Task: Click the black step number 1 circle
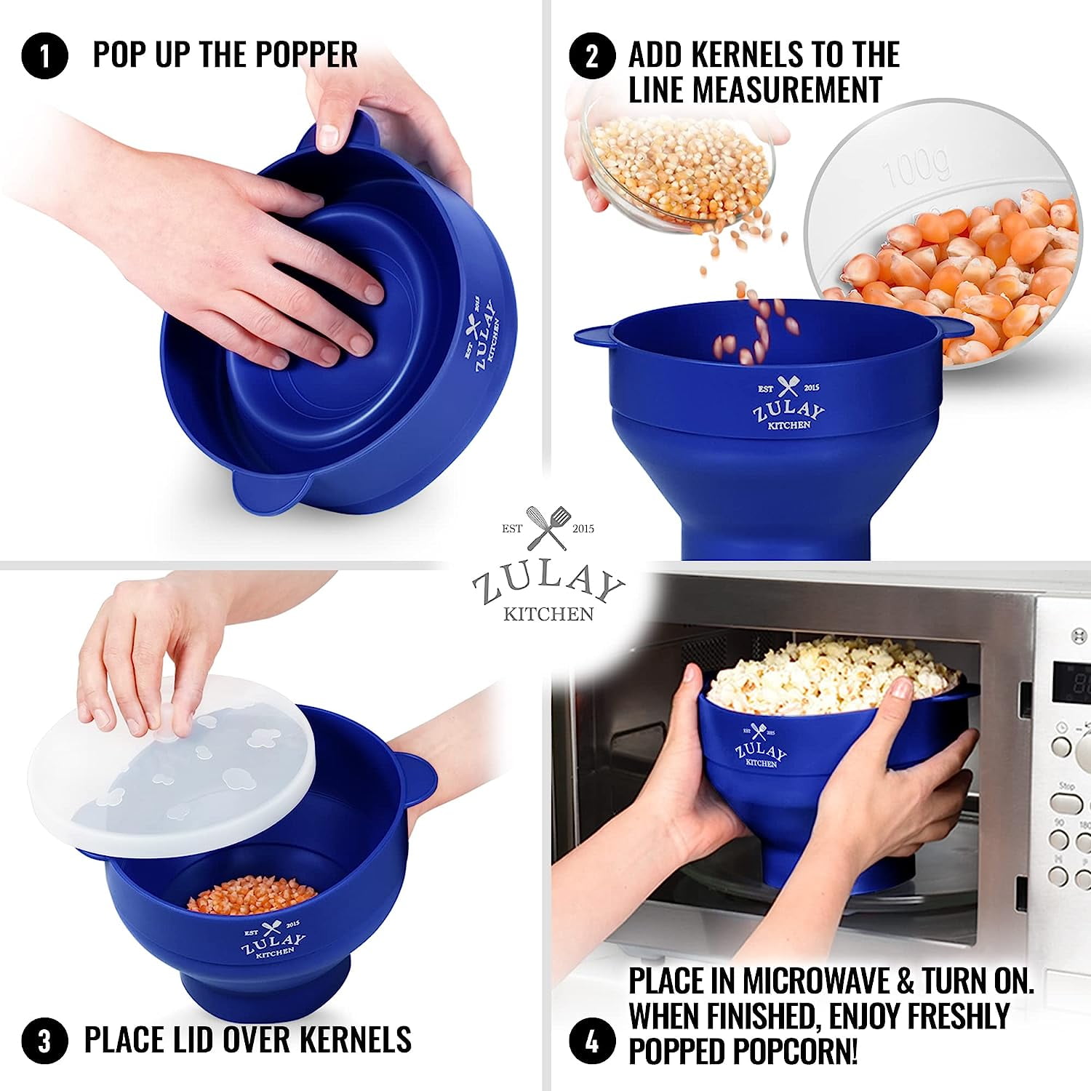point(44,56)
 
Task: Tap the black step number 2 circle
point(592,56)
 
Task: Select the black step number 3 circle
point(44,1041)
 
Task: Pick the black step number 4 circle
point(592,1041)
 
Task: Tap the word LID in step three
point(195,1039)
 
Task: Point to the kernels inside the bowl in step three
point(252,894)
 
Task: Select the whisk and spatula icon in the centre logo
point(548,528)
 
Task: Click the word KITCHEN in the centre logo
point(548,614)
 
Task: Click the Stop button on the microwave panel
point(1067,803)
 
